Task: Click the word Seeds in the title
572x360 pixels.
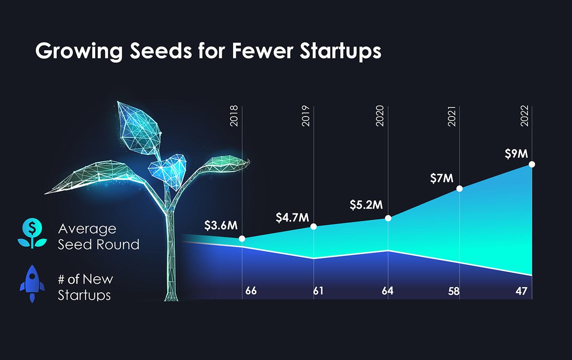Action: (161, 51)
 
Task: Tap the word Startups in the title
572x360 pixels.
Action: (341, 52)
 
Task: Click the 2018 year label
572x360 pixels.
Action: (234, 116)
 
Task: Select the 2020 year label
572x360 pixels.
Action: (380, 116)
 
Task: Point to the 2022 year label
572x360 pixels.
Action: (524, 116)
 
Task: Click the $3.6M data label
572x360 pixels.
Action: (221, 226)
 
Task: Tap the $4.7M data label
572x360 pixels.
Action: (293, 218)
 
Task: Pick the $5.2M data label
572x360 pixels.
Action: (366, 205)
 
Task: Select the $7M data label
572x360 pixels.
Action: (442, 178)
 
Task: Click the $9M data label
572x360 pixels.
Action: (517, 154)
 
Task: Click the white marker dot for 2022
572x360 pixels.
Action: (532, 165)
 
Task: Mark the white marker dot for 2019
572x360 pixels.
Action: (314, 226)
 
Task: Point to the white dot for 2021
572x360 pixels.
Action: (459, 189)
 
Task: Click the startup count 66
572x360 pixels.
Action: (251, 291)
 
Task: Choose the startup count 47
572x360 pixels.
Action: (521, 291)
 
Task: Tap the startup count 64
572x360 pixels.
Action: (387, 291)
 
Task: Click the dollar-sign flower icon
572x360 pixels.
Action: (32, 233)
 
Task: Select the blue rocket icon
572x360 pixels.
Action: (32, 284)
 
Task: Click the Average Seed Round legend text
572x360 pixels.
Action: (99, 237)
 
